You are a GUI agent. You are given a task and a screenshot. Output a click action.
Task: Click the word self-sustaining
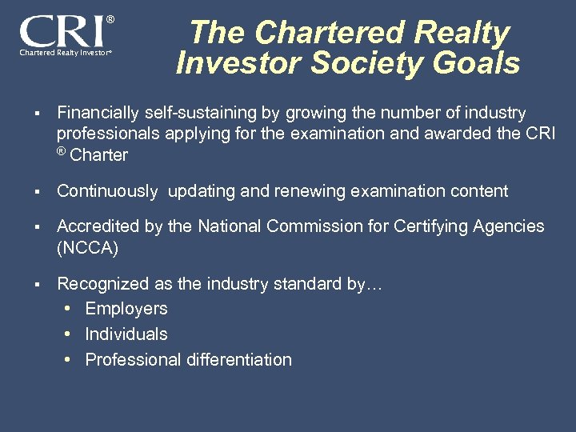[200, 113]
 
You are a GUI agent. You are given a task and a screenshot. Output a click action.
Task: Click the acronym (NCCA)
[87, 248]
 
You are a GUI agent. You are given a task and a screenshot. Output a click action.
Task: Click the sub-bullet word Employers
[126, 309]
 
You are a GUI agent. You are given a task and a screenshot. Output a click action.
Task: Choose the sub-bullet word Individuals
[126, 334]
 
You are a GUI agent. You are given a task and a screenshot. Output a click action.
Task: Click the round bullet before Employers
[70, 309]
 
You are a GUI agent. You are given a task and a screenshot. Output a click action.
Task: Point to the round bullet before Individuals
[70, 334]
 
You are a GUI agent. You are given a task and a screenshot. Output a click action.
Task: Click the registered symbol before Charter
[62, 151]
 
